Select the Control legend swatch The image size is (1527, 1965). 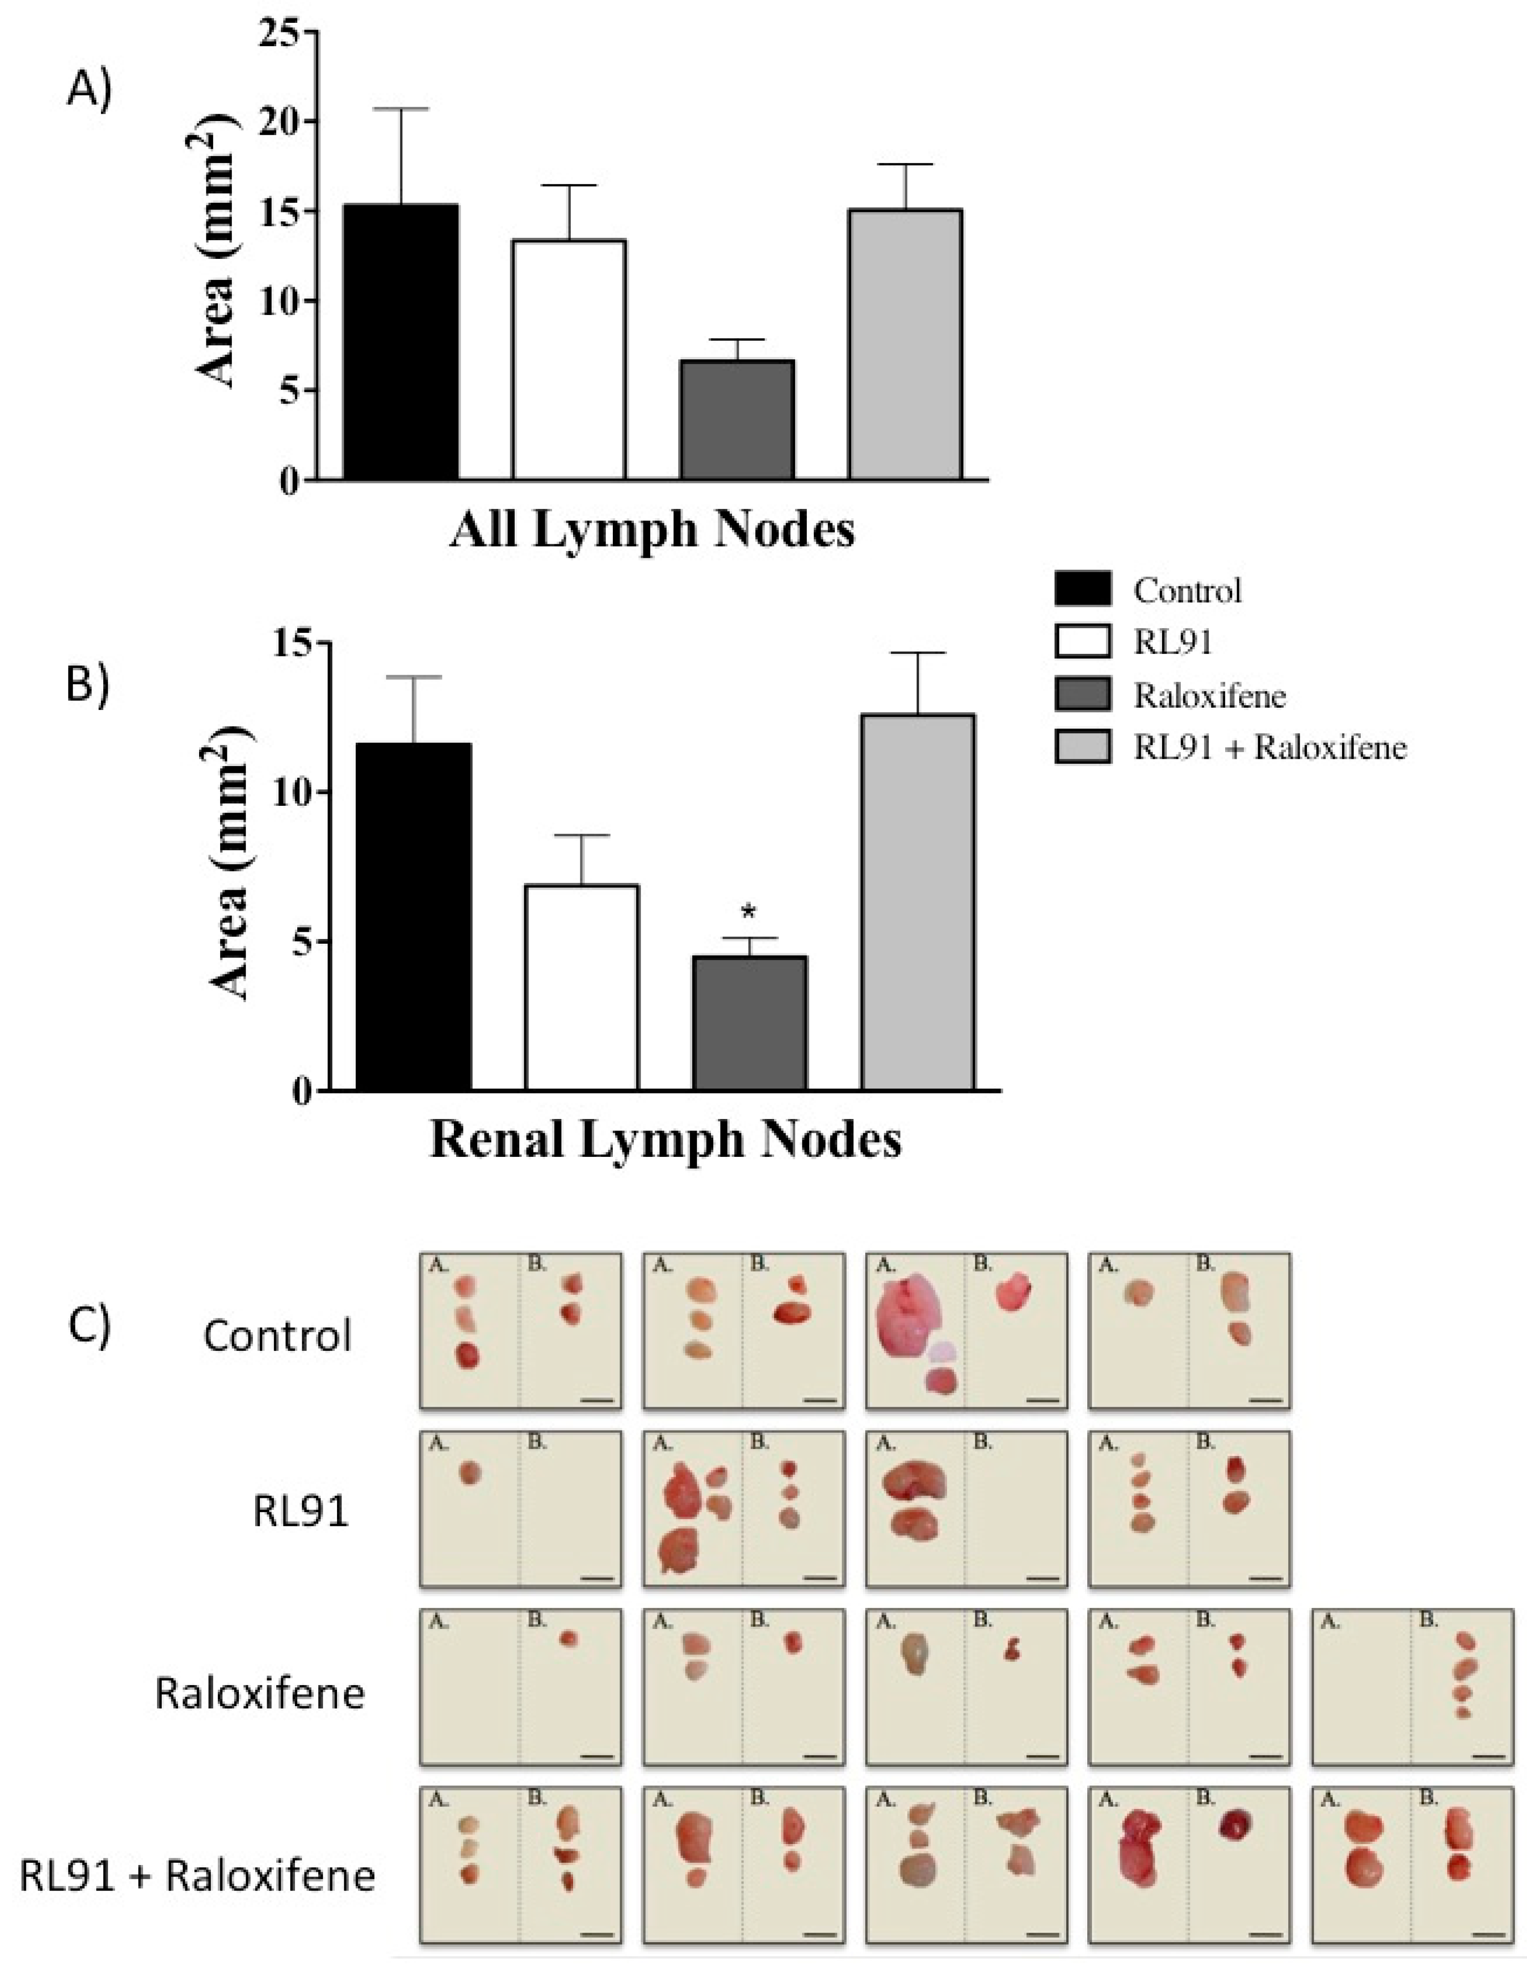1083,589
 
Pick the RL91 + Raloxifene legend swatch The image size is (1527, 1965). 1083,747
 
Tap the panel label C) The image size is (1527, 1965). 90,1327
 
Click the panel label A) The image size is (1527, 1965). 90,90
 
